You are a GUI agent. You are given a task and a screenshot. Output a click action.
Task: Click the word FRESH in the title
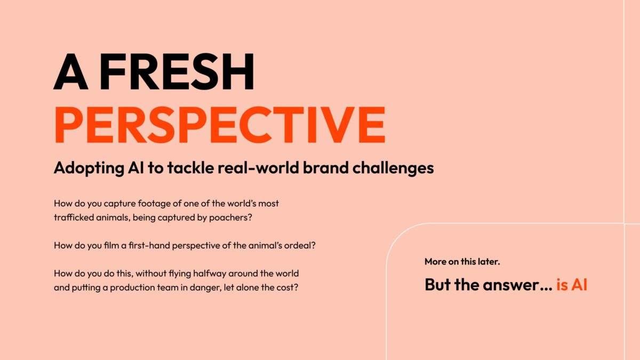click(x=177, y=71)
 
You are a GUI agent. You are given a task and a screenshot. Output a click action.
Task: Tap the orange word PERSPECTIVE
click(x=220, y=125)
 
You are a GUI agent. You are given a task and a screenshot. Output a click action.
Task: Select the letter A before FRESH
click(x=70, y=71)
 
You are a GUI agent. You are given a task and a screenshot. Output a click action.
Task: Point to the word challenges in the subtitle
click(x=393, y=167)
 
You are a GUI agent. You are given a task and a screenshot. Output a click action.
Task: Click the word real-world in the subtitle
click(x=258, y=167)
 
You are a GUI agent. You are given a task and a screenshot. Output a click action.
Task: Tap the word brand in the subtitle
click(x=325, y=167)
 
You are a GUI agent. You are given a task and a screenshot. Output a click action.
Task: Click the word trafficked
click(x=74, y=218)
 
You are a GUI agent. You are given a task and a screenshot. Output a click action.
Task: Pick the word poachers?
click(x=230, y=218)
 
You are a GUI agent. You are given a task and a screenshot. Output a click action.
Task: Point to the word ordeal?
click(x=300, y=245)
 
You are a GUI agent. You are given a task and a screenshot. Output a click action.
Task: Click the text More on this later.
click(x=462, y=261)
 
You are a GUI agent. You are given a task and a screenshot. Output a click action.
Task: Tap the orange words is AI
click(x=571, y=285)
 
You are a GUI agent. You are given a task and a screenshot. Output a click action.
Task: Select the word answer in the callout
click(x=517, y=285)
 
